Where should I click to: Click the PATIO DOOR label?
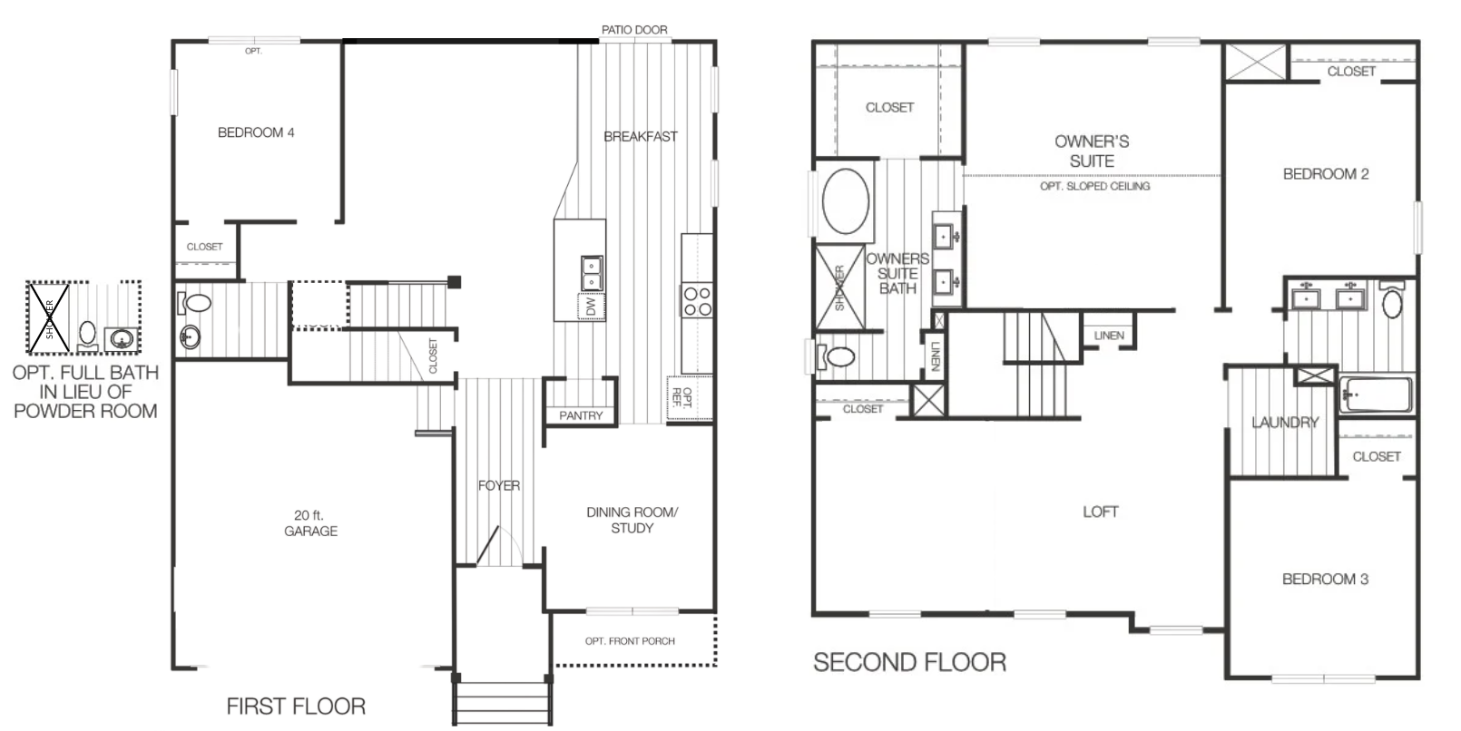pyautogui.click(x=633, y=30)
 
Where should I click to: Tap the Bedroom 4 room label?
pyautogui.click(x=256, y=132)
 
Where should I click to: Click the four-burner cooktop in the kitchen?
pyautogui.click(x=697, y=301)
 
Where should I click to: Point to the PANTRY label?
pyautogui.click(x=581, y=415)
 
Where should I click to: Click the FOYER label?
pyautogui.click(x=499, y=486)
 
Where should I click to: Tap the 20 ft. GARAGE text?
pyautogui.click(x=310, y=523)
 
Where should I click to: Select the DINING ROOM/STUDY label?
pyautogui.click(x=632, y=520)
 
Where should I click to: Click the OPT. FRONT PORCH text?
pyautogui.click(x=630, y=641)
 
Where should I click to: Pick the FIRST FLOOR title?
pyautogui.click(x=296, y=707)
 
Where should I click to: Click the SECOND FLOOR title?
pyautogui.click(x=909, y=663)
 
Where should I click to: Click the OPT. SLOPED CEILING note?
pyautogui.click(x=1094, y=186)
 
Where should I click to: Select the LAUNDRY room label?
pyautogui.click(x=1284, y=423)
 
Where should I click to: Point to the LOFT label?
pyautogui.click(x=1100, y=512)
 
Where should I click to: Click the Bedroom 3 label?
pyautogui.click(x=1325, y=580)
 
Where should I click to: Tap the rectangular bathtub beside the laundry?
pyautogui.click(x=1375, y=395)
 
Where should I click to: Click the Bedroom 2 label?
pyautogui.click(x=1325, y=174)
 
